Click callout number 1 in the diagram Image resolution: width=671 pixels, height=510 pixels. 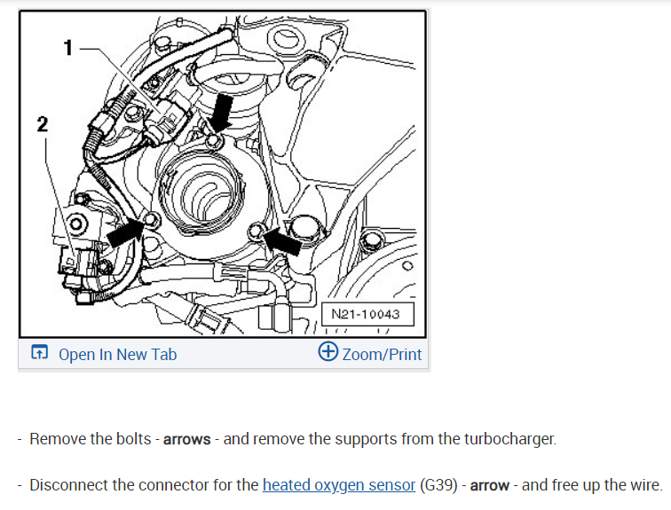(x=67, y=48)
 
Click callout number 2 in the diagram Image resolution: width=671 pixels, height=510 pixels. (x=42, y=124)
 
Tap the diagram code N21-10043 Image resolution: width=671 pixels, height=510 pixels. (x=366, y=314)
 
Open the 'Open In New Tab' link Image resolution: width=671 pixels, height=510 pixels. (x=117, y=354)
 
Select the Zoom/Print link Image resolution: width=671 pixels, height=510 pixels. (x=382, y=354)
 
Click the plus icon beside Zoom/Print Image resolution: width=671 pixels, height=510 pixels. (x=328, y=352)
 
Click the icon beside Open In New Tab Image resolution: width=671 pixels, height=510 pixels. (x=40, y=353)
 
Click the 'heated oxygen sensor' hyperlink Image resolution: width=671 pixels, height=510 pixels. (x=339, y=485)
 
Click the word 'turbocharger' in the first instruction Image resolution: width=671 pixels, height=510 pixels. (x=509, y=439)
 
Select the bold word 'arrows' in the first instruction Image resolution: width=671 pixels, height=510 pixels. (x=186, y=439)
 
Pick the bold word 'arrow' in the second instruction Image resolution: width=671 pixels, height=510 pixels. (x=489, y=485)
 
